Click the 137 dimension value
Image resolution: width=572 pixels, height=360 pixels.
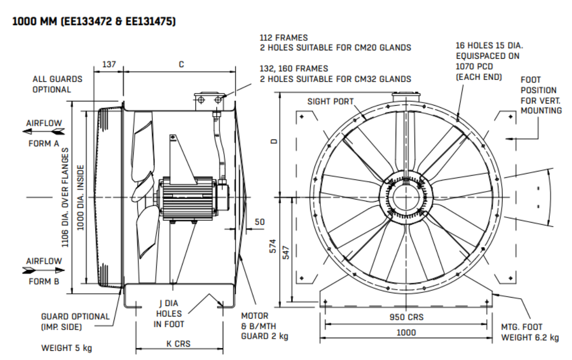tap(108, 65)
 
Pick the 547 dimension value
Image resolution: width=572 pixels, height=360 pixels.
tap(286, 253)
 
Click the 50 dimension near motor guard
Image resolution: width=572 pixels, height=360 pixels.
tap(260, 222)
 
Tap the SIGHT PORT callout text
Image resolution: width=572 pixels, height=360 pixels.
tap(330, 101)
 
